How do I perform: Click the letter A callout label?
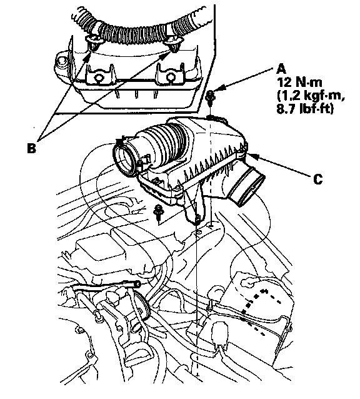(281, 69)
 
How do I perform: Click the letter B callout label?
(31, 148)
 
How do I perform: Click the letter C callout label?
(317, 179)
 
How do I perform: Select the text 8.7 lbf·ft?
(304, 109)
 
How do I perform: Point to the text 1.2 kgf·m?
(310, 96)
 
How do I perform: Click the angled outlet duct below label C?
(247, 185)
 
